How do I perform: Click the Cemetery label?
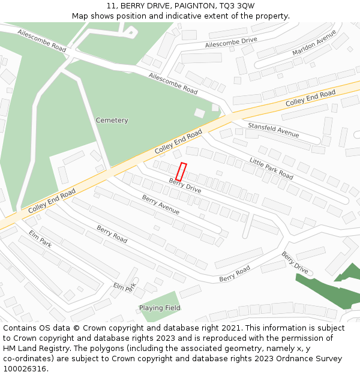tap(112, 121)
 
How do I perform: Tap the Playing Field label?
tap(160, 308)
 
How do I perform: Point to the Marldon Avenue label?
tap(314, 43)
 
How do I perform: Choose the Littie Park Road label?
tap(271, 169)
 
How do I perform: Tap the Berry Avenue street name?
tap(160, 205)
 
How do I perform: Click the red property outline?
tap(181, 172)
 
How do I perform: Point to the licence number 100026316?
tap(25, 369)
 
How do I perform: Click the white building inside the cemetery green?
tap(199, 113)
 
